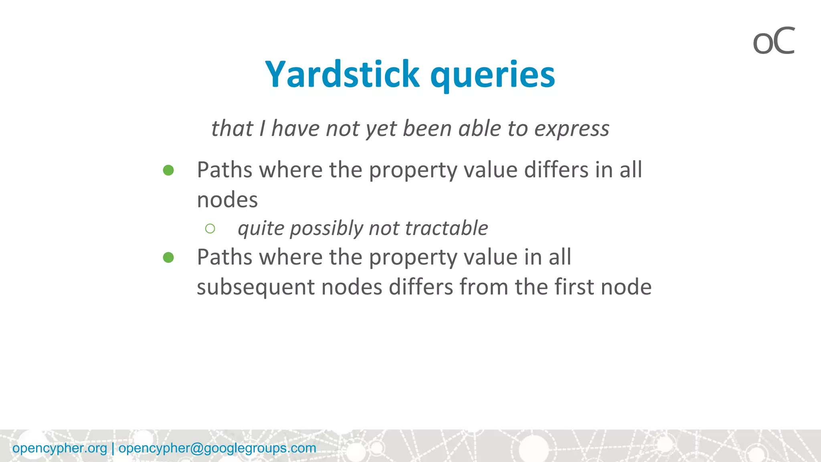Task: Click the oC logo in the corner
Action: pos(773,41)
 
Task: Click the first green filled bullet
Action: pos(168,170)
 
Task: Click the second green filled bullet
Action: pos(168,257)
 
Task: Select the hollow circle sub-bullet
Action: pos(210,229)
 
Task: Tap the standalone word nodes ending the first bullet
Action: pos(227,200)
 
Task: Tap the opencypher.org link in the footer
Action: pos(60,448)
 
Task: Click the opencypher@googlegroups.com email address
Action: pos(217,448)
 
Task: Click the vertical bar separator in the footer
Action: pos(113,448)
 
